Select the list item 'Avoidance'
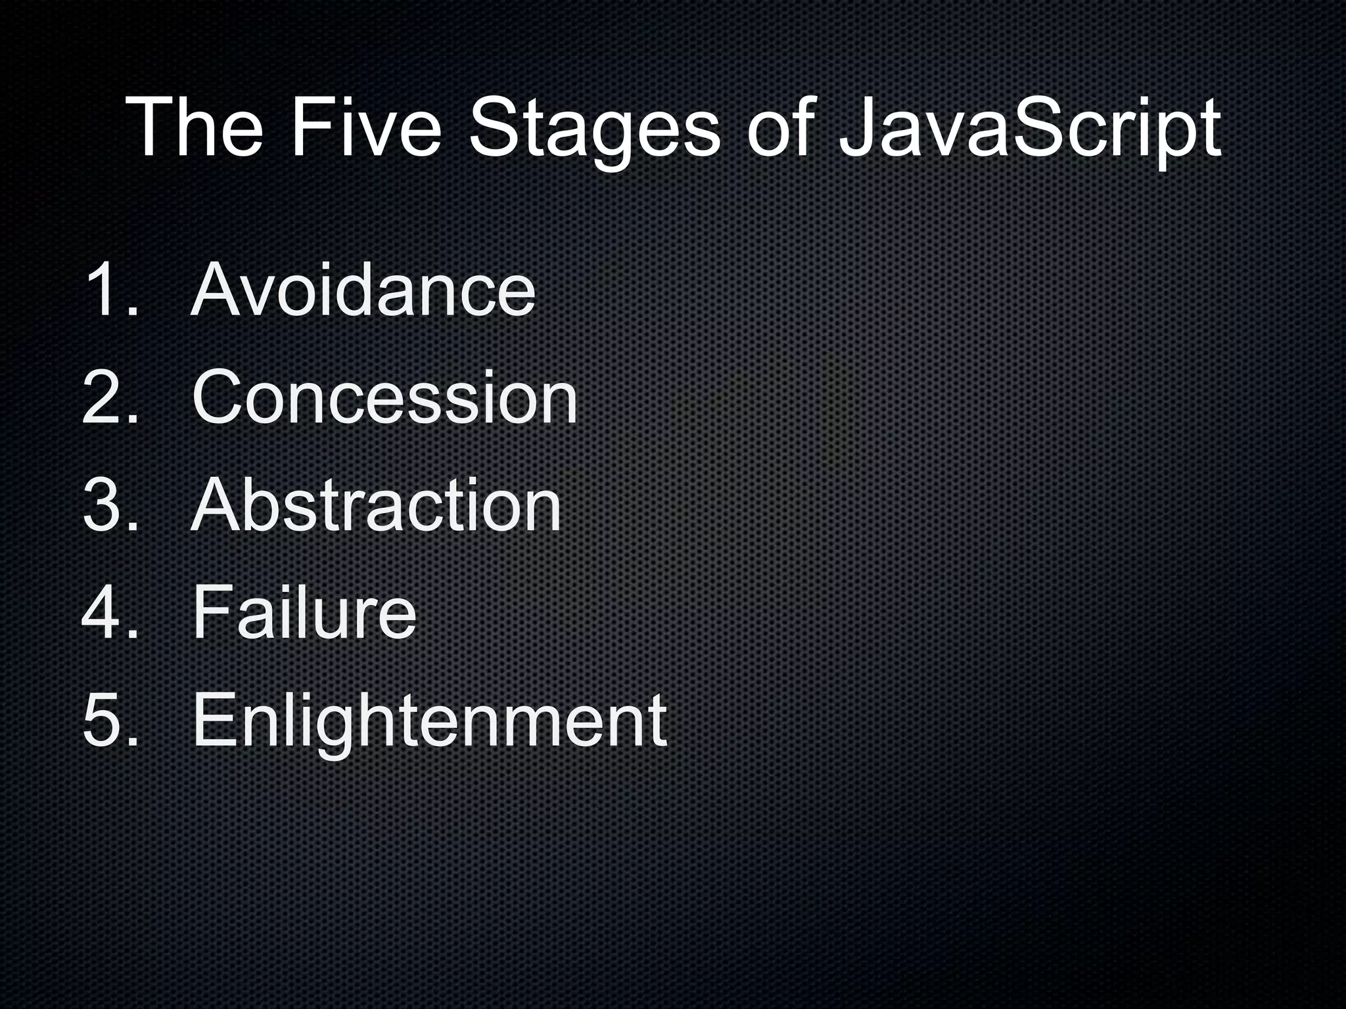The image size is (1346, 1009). (x=363, y=290)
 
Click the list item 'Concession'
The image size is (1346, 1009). (x=384, y=397)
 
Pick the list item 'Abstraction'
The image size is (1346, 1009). (x=376, y=505)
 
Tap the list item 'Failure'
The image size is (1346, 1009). (x=304, y=612)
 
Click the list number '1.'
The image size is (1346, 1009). (x=112, y=290)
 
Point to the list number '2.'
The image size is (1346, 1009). (x=112, y=397)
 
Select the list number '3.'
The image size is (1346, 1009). (x=112, y=505)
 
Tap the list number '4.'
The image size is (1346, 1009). (x=112, y=612)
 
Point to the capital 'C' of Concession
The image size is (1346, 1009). (x=221, y=397)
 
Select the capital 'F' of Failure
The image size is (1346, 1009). (x=213, y=612)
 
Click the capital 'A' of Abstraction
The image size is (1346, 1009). (x=220, y=505)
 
